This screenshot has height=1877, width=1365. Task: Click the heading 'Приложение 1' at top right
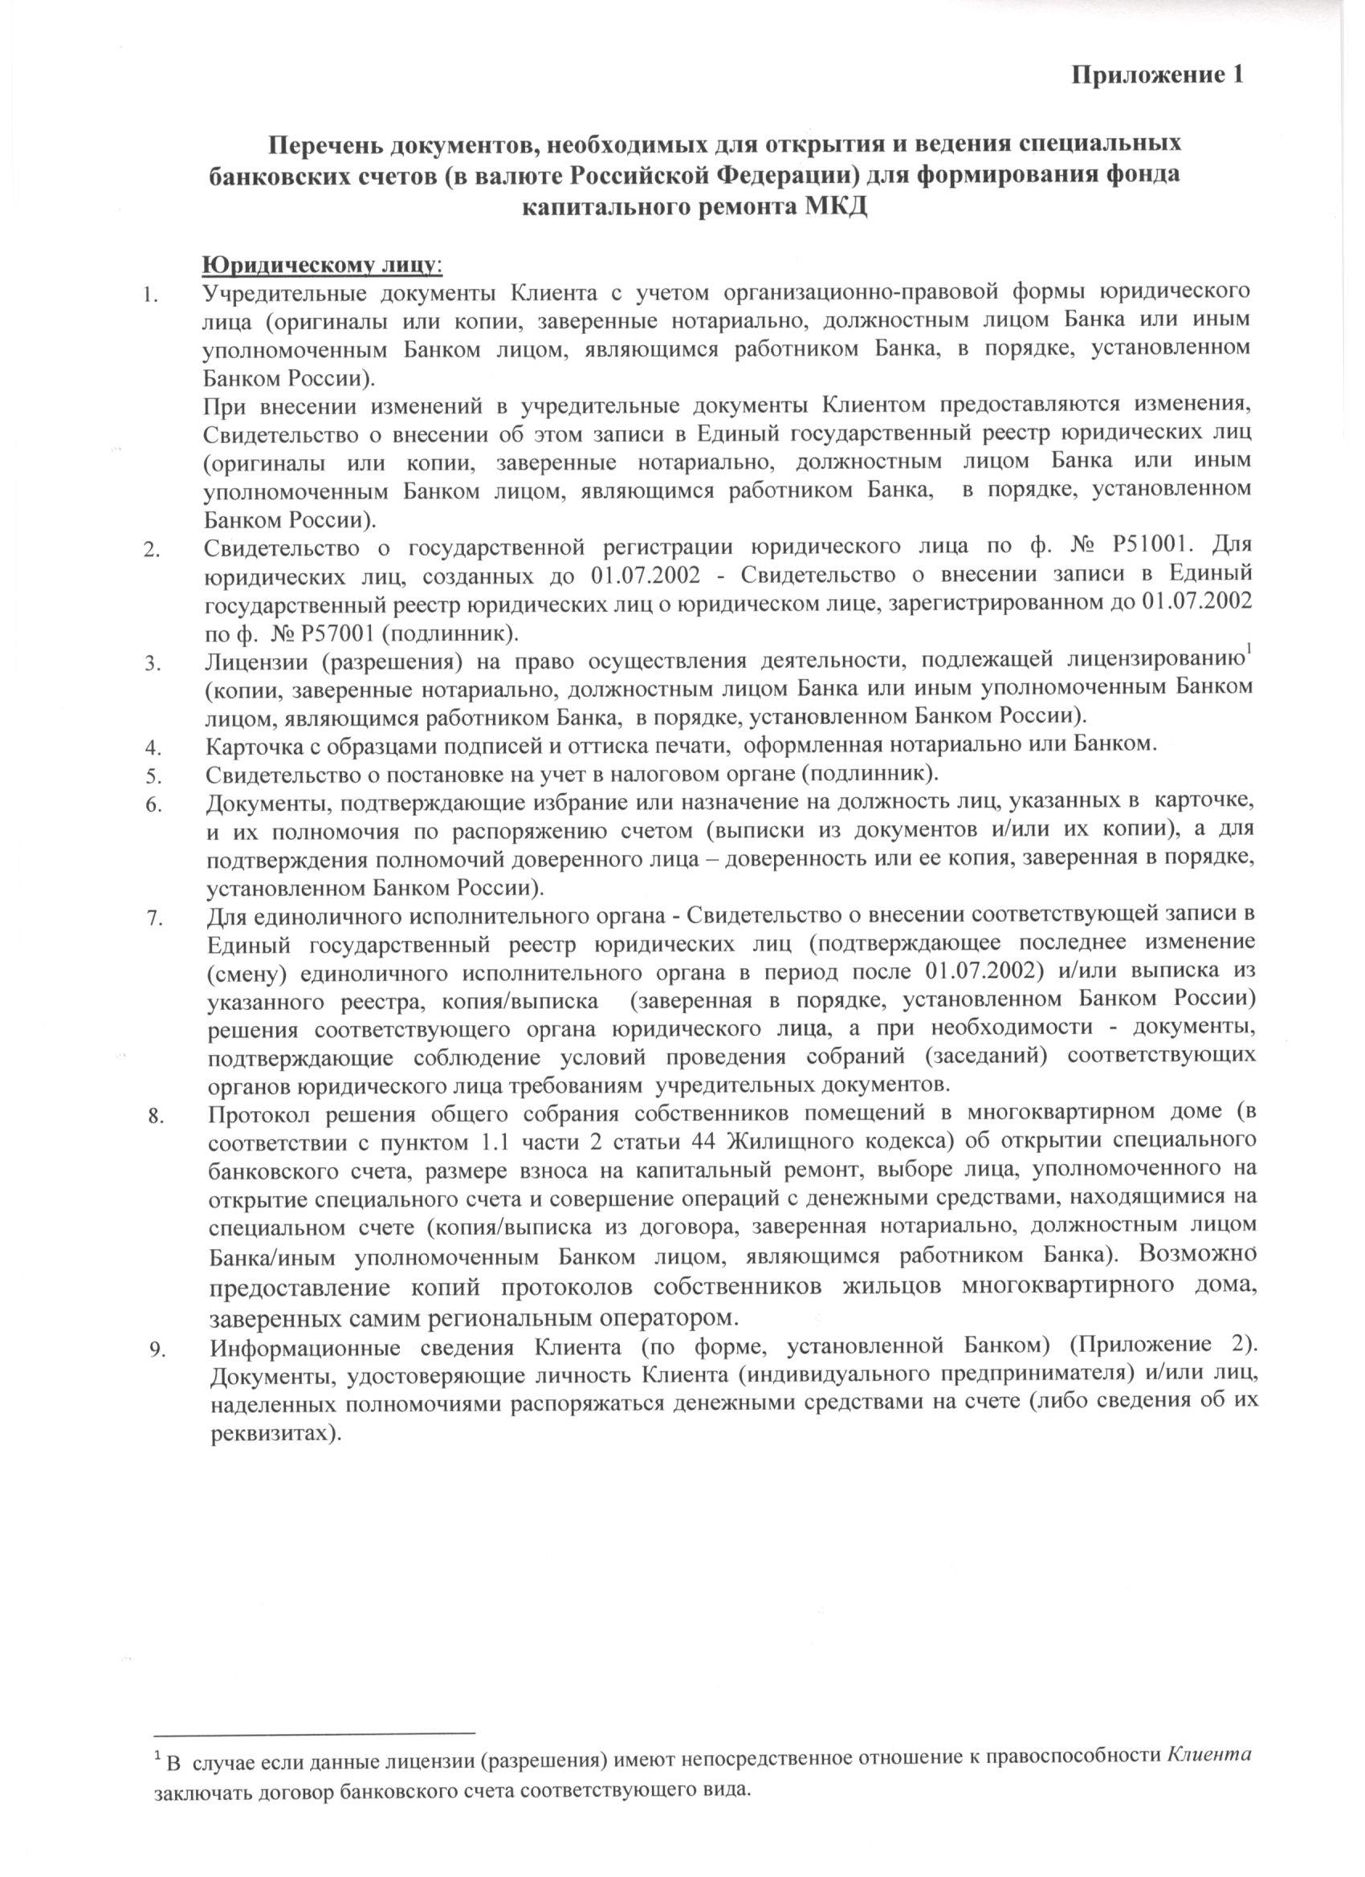point(1158,75)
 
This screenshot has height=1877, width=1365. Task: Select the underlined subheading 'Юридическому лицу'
point(322,265)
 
